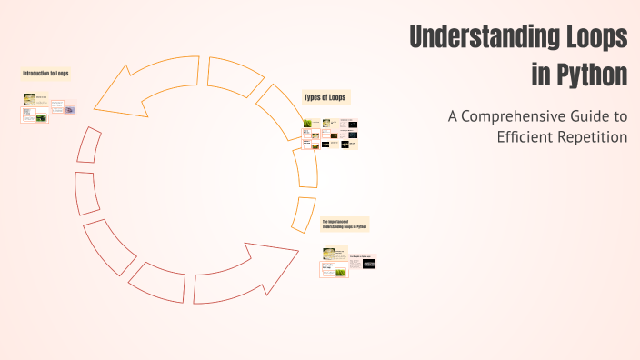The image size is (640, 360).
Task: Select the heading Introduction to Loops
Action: pyautogui.click(x=46, y=73)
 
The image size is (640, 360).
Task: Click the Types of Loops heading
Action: pyautogui.click(x=325, y=97)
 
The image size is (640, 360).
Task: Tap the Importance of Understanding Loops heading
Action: pyautogui.click(x=345, y=224)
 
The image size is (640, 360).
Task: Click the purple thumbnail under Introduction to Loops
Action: pyautogui.click(x=69, y=110)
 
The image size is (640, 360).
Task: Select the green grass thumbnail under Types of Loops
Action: pyautogui.click(x=307, y=124)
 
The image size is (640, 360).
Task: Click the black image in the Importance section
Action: pyautogui.click(x=369, y=264)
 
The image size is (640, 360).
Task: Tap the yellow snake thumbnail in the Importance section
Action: pyautogui.click(x=329, y=254)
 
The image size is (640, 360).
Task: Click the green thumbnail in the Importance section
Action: pyautogui.click(x=341, y=271)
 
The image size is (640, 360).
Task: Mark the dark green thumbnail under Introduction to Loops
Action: pyautogui.click(x=41, y=117)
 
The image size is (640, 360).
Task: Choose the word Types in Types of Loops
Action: pyautogui.click(x=311, y=97)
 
